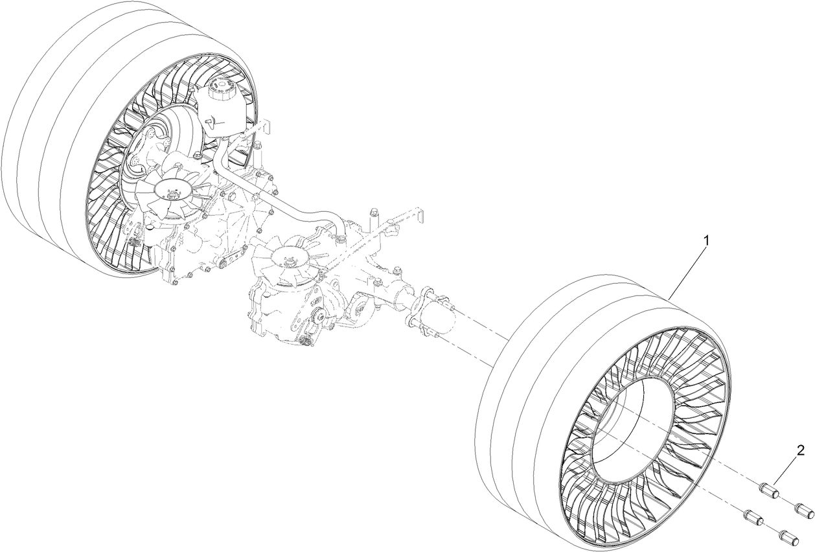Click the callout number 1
point(707,240)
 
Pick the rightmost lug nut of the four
point(803,510)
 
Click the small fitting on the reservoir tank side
point(211,121)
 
